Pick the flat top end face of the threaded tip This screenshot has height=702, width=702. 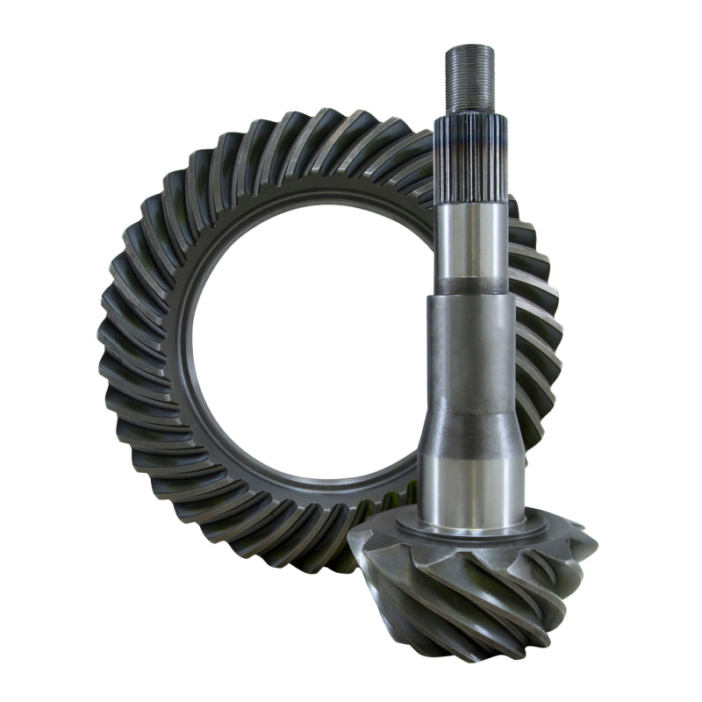pos(469,46)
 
